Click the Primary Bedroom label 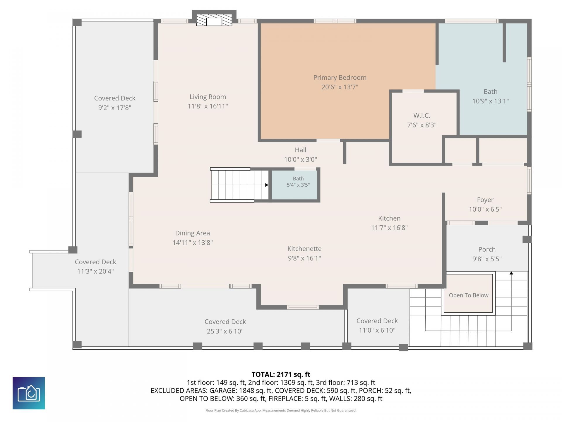340,78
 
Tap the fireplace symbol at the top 214,20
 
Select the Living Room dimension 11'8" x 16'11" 208,106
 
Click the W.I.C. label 421,115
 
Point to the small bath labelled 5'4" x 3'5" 295,185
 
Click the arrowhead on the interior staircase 267,185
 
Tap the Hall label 300,150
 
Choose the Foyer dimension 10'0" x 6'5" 485,209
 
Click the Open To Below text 469,295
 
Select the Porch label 487,249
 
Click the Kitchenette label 304,249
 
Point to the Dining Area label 193,233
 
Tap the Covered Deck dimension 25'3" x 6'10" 225,331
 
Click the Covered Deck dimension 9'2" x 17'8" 115,108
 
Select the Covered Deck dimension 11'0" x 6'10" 377,330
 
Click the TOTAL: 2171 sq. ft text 281,374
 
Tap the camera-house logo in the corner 29,393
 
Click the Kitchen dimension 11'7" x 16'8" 389,228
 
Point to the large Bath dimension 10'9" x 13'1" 490,101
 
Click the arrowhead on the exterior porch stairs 511,273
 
